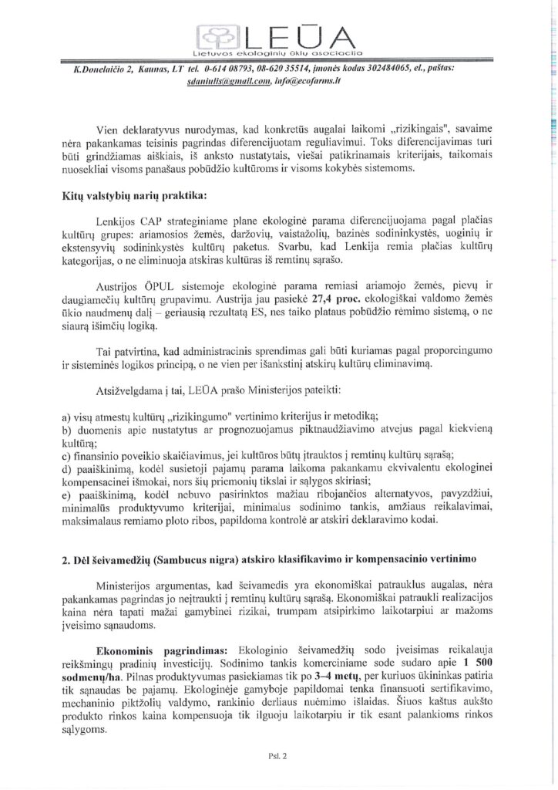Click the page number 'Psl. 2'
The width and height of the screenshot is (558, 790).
click(x=278, y=757)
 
